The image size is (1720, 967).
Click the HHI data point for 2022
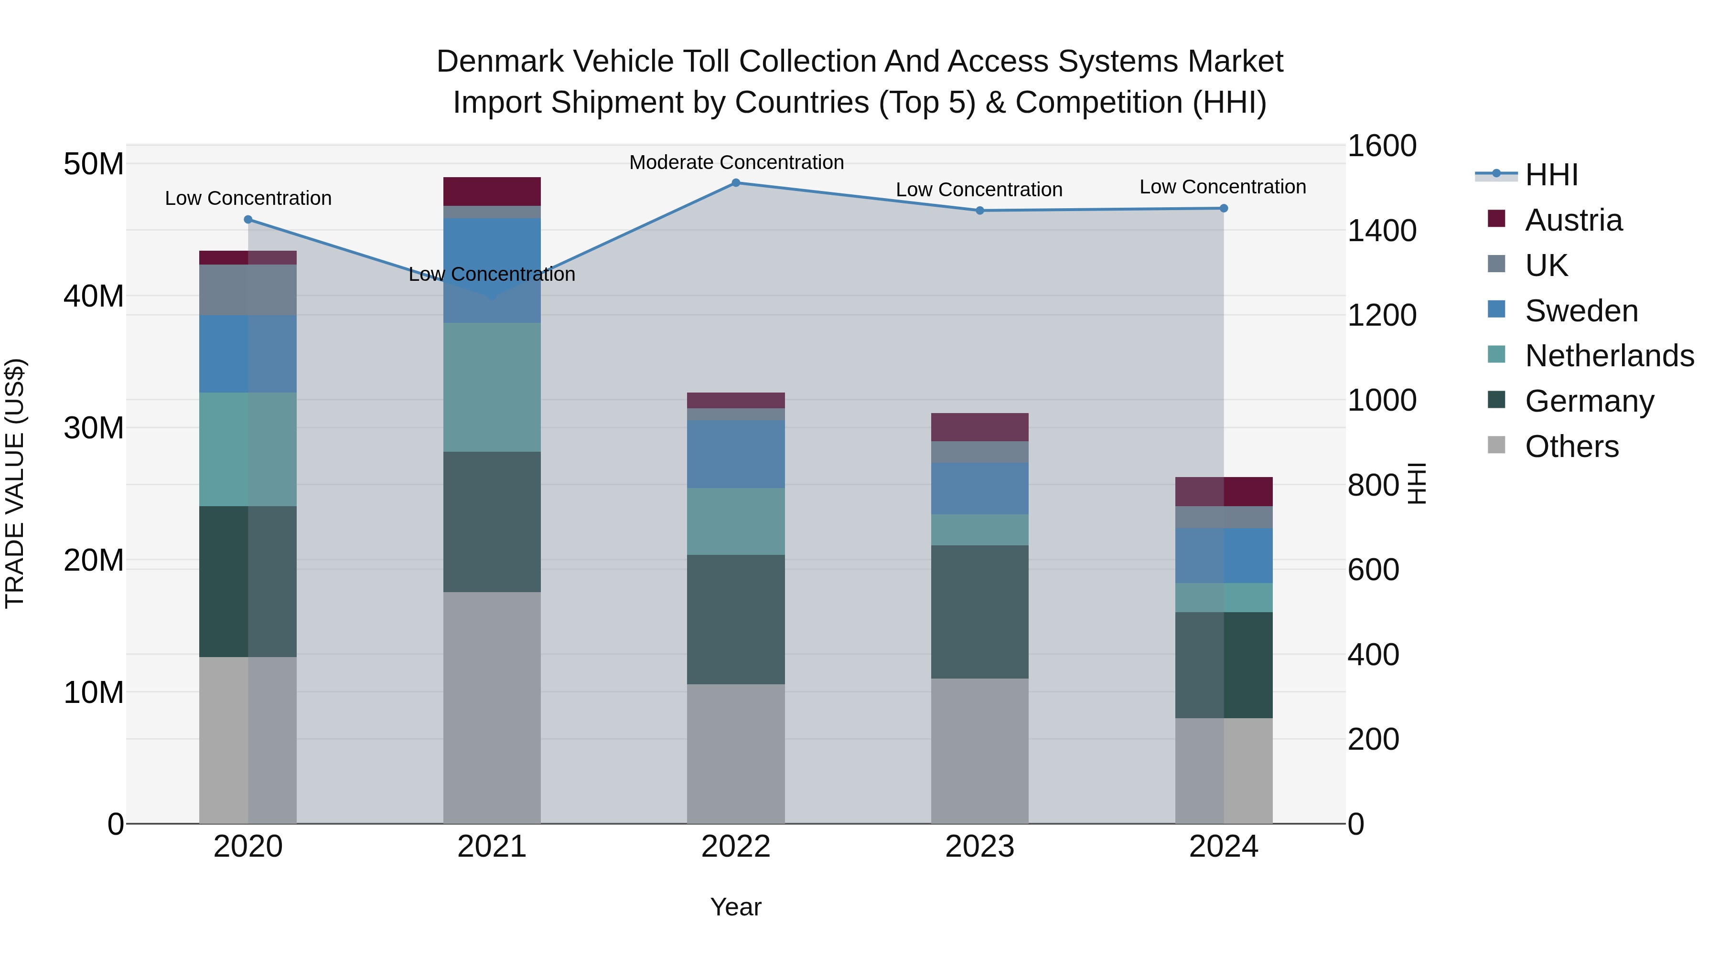[736, 183]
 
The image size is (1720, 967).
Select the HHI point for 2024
[1223, 208]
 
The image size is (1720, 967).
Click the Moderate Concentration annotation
[736, 162]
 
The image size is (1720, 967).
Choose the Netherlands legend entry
[1609, 356]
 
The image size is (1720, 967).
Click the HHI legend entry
[1551, 175]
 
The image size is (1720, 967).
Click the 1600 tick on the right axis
[1381, 146]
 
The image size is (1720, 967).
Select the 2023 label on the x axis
[979, 847]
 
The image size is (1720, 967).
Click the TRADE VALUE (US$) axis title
[15, 483]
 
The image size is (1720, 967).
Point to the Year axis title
[735, 907]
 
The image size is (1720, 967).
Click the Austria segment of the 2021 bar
[492, 191]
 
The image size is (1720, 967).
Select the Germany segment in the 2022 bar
[736, 619]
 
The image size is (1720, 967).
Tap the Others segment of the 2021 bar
[492, 707]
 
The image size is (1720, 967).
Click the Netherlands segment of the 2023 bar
[979, 530]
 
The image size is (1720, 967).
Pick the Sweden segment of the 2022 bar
[736, 454]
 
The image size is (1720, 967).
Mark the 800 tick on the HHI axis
[1373, 485]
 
